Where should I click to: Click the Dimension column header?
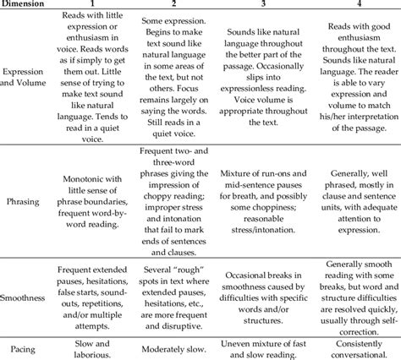click(x=26, y=6)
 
